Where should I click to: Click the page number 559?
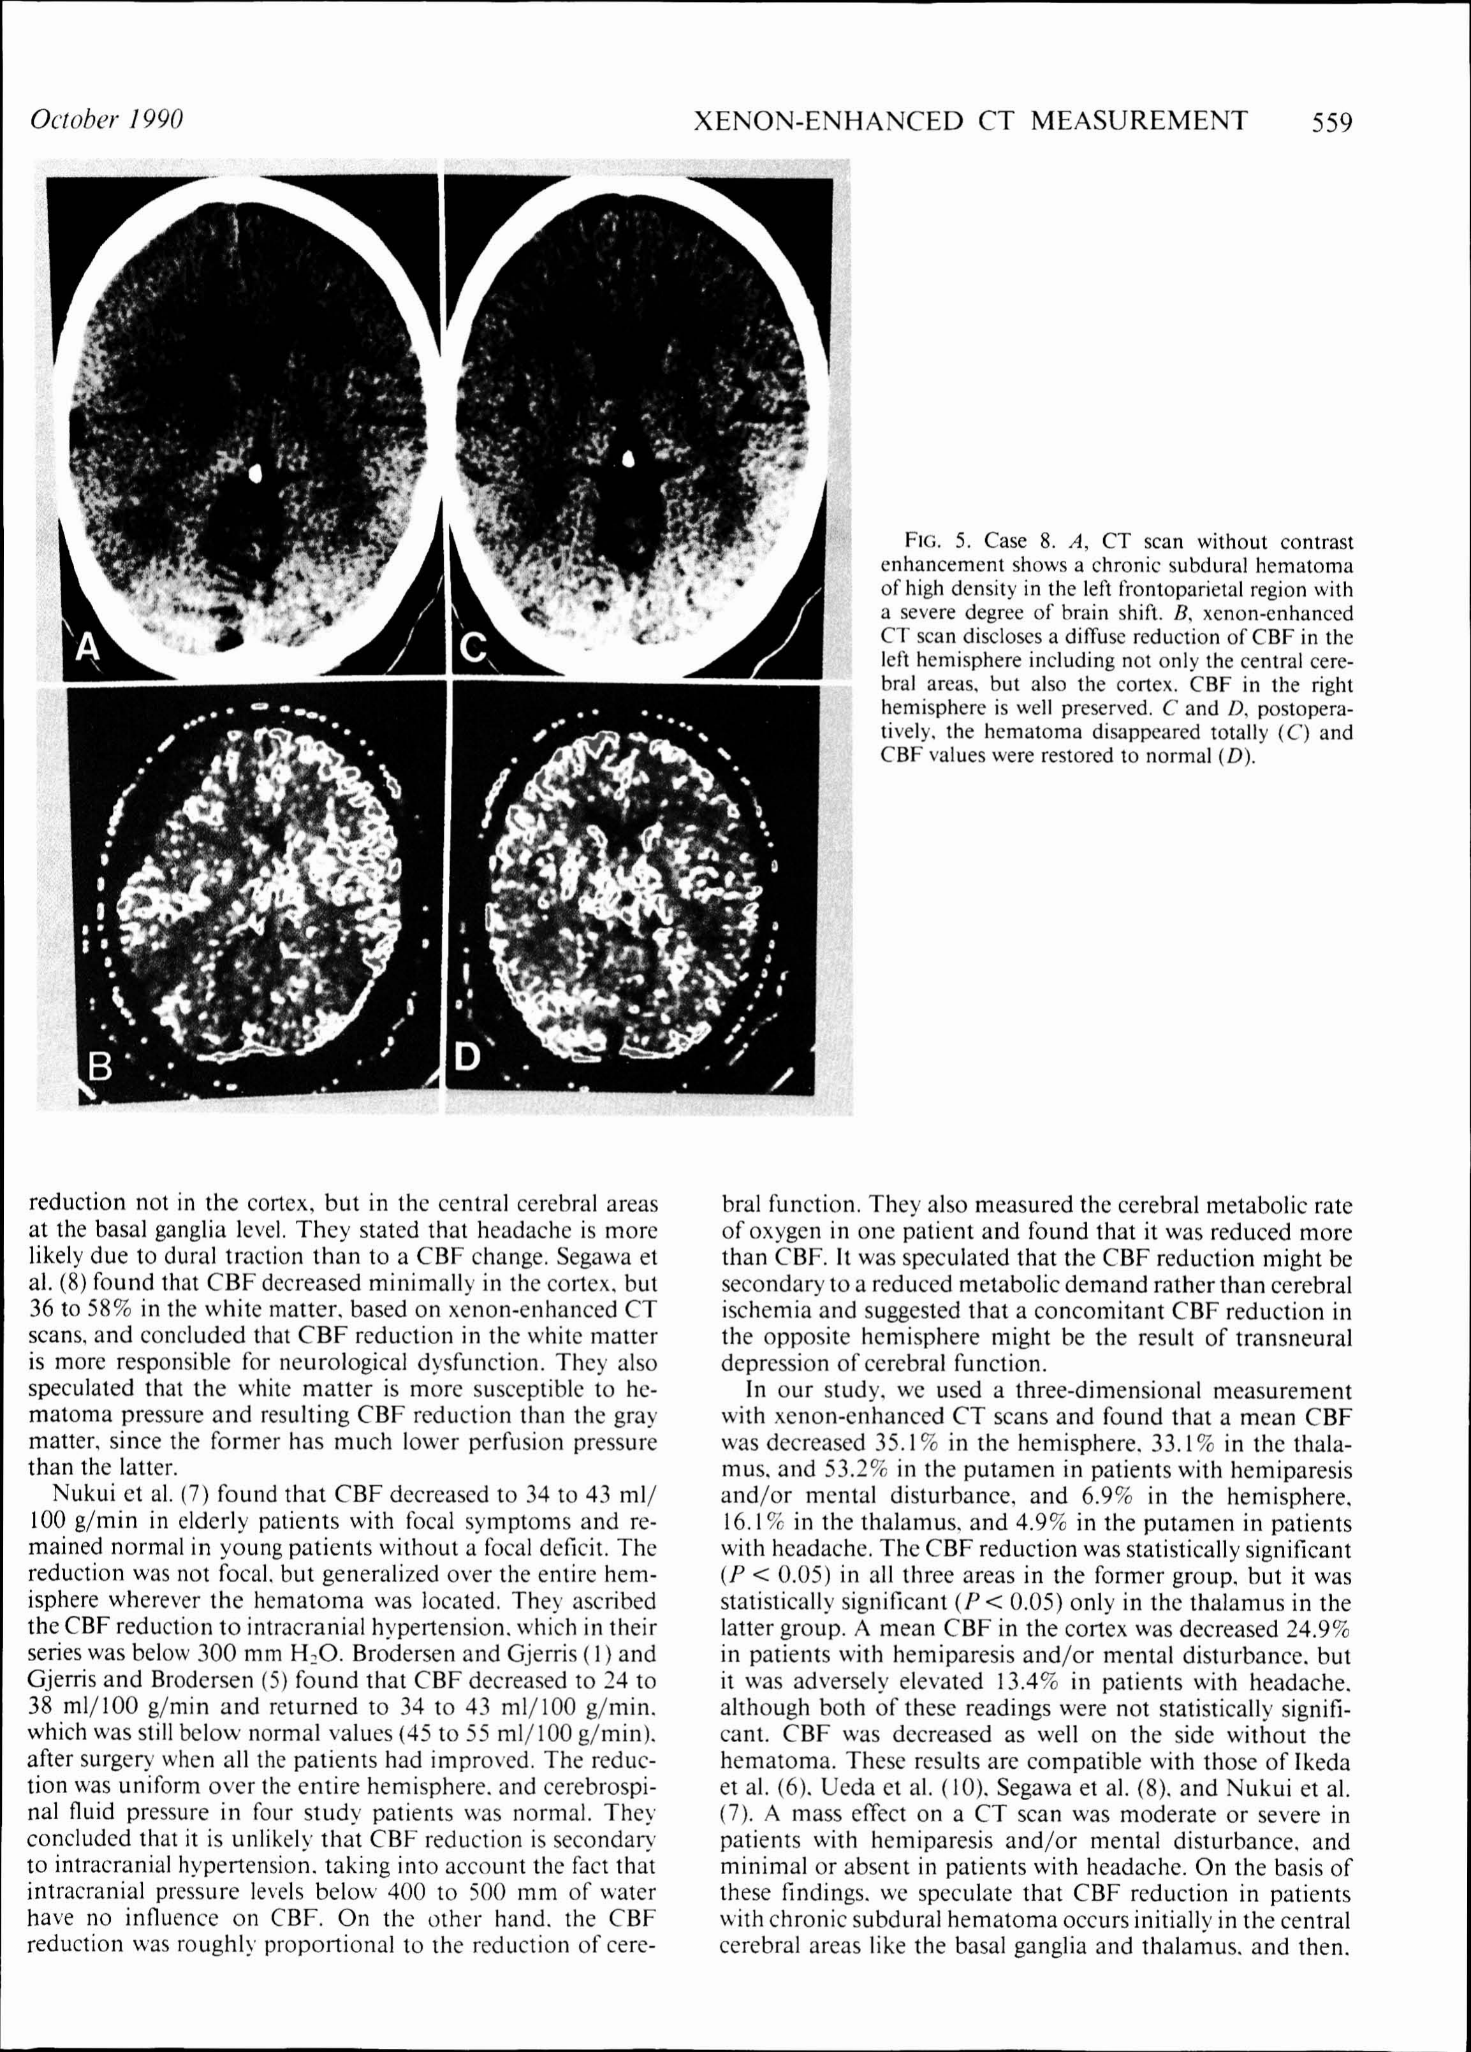[x=1332, y=121]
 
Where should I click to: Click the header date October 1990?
[x=106, y=119]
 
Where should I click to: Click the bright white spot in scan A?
[x=255, y=473]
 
